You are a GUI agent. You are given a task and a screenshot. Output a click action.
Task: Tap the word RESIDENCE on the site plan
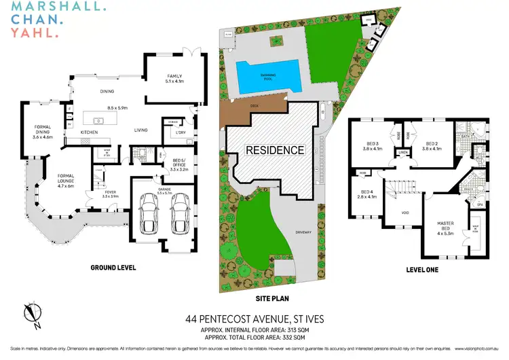tap(275, 149)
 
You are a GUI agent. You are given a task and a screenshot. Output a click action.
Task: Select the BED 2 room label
tap(430, 145)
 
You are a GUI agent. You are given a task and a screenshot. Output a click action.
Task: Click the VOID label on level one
tap(405, 213)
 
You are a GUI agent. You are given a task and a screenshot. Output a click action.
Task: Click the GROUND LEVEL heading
tap(113, 268)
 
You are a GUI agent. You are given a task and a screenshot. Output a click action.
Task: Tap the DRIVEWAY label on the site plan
tap(303, 233)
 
